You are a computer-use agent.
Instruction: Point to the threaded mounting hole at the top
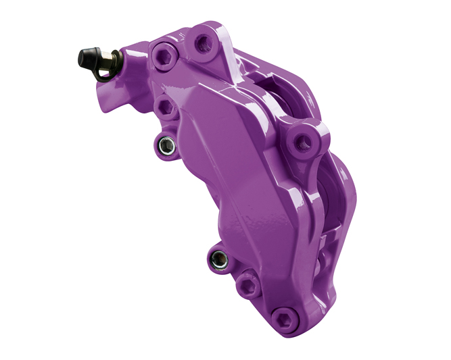[201, 43]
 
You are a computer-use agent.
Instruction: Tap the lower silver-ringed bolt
[217, 257]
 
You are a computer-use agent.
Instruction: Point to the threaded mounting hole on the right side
[301, 140]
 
